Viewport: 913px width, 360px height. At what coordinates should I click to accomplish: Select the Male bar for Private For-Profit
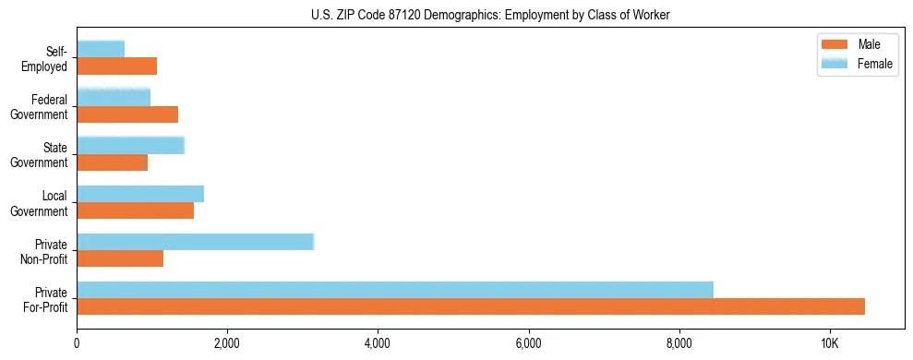[471, 306]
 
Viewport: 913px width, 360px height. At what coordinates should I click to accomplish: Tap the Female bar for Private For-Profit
[395, 290]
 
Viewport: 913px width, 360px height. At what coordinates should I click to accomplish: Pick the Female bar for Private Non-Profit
[196, 242]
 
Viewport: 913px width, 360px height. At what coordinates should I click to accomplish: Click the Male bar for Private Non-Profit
[120, 258]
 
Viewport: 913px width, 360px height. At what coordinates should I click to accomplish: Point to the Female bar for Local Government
[140, 194]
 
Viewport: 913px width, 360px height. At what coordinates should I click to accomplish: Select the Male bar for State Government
[113, 162]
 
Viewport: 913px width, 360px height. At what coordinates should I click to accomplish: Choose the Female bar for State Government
[131, 145]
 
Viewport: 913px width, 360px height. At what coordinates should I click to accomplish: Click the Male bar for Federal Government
[127, 114]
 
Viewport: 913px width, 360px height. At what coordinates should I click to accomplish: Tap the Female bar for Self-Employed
[101, 49]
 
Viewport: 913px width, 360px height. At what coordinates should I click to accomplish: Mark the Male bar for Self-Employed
[117, 66]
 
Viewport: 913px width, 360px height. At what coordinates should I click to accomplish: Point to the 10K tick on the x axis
[830, 343]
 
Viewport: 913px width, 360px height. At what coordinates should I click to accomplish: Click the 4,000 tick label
[378, 343]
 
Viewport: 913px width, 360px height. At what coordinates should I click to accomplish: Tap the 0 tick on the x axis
[77, 343]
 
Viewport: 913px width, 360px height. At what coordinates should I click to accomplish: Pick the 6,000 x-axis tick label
[528, 343]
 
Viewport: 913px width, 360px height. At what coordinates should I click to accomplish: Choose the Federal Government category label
[41, 107]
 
